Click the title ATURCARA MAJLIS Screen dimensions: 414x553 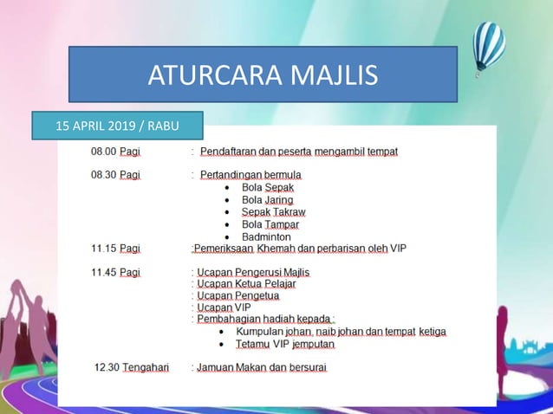263,74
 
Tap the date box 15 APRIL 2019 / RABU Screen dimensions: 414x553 117,126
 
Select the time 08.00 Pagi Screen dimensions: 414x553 115,152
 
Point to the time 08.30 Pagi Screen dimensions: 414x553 115,175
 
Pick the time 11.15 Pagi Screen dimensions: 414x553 115,248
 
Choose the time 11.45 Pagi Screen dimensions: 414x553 115,272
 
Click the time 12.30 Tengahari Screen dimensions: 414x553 132,367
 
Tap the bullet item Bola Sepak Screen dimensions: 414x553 268,187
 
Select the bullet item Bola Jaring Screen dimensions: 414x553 268,199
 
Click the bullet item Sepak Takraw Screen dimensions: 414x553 273,211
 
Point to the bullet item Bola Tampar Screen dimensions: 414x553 270,224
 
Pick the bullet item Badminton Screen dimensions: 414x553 266,236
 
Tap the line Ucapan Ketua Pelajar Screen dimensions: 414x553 245,284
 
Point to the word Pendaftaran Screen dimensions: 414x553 228,152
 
